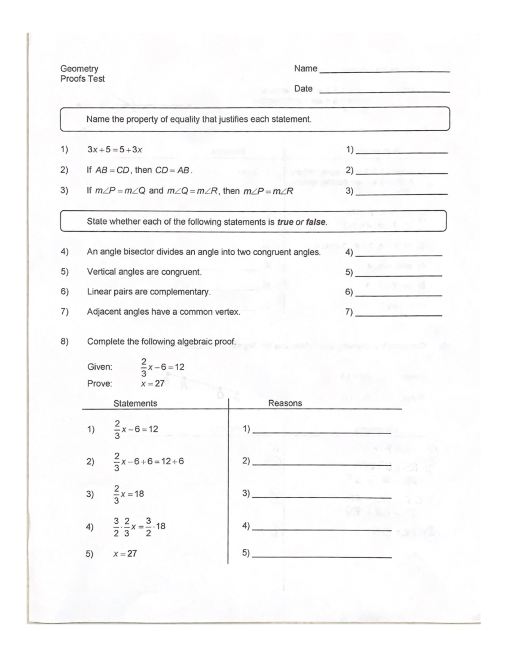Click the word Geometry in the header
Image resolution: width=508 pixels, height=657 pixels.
click(79, 69)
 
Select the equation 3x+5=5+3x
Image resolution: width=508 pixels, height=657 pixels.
click(115, 149)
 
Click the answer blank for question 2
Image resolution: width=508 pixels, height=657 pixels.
click(401, 173)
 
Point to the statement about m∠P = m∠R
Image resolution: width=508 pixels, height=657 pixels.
click(190, 191)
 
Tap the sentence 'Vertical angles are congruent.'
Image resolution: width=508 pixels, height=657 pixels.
click(144, 272)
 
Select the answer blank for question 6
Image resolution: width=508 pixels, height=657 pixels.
click(399, 294)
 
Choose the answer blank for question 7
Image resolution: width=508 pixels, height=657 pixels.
click(399, 315)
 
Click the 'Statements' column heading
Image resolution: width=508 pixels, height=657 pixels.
click(135, 403)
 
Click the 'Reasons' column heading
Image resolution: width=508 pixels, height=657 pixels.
click(285, 403)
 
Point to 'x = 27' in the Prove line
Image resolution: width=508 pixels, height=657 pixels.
click(152, 384)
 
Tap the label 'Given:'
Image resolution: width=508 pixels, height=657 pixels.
click(100, 367)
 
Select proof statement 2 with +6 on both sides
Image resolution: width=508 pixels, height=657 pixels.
click(149, 462)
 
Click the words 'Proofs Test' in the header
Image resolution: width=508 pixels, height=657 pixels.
click(83, 79)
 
